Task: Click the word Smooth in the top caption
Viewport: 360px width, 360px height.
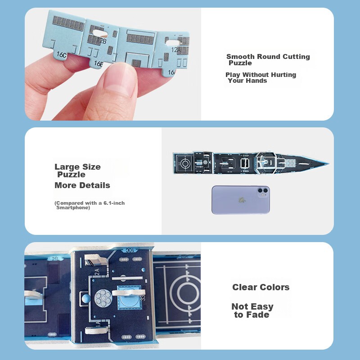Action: coord(240,57)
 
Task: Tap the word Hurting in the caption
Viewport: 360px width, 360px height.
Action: coord(283,75)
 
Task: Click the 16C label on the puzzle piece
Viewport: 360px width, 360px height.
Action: coord(62,54)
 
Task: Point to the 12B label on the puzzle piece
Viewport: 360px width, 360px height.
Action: coord(102,40)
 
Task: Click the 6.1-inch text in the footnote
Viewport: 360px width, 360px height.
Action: coord(114,203)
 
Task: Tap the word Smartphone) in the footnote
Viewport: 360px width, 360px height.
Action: coord(73,207)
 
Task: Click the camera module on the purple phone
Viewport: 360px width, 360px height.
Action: coord(263,192)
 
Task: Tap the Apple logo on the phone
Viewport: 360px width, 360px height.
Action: coord(242,200)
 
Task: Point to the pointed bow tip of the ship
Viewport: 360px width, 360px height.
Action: coord(329,164)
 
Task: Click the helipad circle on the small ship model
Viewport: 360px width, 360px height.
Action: coord(185,163)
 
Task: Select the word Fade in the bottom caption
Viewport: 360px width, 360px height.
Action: coord(257,315)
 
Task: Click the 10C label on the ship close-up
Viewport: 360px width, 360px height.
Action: coord(130,250)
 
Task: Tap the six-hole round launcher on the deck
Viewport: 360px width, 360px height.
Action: coord(103,298)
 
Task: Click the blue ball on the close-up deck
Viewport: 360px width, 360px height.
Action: coord(86,299)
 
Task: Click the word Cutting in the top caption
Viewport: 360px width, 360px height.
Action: coord(296,57)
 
